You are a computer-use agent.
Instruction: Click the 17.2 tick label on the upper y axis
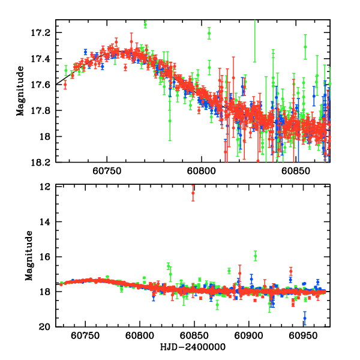43,32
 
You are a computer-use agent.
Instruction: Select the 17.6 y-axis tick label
43,85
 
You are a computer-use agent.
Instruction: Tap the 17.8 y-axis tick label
43,111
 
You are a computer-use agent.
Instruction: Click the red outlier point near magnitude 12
193,192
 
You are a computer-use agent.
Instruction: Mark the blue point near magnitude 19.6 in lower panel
304,319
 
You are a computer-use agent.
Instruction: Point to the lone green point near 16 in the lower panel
256,256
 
